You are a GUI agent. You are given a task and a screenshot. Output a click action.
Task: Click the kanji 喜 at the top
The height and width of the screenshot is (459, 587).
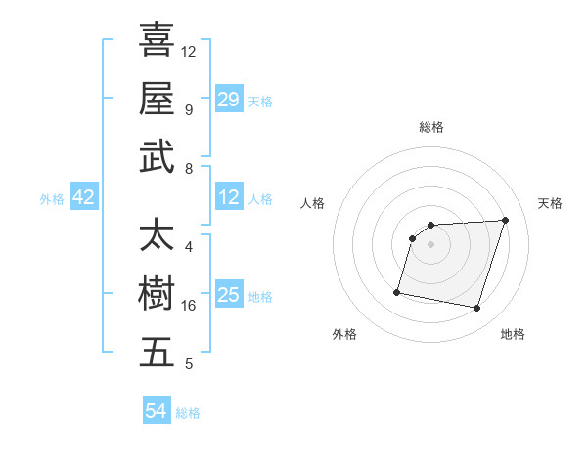pyautogui.click(x=157, y=41)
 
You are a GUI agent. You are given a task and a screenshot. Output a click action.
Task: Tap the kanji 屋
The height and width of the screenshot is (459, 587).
pyautogui.click(x=157, y=99)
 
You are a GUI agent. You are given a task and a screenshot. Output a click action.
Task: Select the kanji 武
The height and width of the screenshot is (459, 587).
pyautogui.click(x=157, y=157)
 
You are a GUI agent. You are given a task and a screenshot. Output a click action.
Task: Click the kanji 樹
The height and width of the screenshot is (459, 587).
pyautogui.click(x=157, y=294)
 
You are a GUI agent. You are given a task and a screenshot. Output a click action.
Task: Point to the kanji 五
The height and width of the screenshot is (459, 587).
pyautogui.click(x=157, y=353)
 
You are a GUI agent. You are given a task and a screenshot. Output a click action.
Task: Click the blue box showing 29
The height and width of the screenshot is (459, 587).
pyautogui.click(x=229, y=99)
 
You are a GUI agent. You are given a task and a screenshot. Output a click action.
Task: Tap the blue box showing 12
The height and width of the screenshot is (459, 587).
pyautogui.click(x=229, y=197)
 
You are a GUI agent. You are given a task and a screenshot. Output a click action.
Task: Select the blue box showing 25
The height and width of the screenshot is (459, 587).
pyautogui.click(x=229, y=295)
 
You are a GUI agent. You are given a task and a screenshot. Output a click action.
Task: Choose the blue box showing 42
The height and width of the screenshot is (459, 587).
pyautogui.click(x=84, y=197)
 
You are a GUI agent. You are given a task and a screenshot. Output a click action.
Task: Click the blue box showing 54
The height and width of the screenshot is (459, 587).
pyautogui.click(x=157, y=411)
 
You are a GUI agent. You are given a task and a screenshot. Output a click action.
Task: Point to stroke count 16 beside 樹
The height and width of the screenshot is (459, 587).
pyautogui.click(x=189, y=306)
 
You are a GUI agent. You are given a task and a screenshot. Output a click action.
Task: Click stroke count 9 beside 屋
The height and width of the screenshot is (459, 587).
pyautogui.click(x=188, y=109)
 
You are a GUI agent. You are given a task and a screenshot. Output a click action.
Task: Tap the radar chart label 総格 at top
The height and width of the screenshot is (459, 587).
pyautogui.click(x=430, y=127)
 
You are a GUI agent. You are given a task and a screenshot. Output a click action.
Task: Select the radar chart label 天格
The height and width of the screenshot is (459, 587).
pyautogui.click(x=550, y=203)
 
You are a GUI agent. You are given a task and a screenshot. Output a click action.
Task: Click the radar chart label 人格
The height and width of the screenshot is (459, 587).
pyautogui.click(x=313, y=203)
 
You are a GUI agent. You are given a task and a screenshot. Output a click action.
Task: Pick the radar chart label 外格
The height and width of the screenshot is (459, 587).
pyautogui.click(x=344, y=334)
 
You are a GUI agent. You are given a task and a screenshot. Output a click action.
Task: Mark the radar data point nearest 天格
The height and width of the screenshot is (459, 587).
pyautogui.click(x=505, y=220)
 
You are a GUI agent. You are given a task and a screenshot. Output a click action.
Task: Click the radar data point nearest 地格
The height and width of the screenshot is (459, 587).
pyautogui.click(x=476, y=309)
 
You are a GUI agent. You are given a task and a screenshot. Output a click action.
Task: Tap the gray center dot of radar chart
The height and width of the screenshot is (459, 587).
pyautogui.click(x=430, y=244)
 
